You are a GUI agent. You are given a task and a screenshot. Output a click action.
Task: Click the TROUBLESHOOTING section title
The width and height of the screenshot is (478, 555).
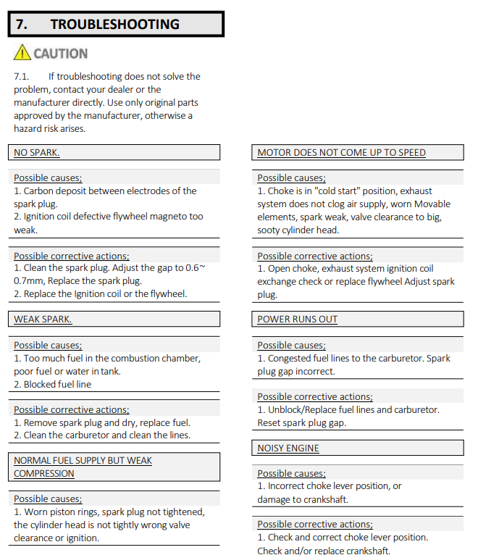[x=114, y=24]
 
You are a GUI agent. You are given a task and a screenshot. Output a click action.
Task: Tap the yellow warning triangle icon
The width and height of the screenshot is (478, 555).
[x=22, y=53]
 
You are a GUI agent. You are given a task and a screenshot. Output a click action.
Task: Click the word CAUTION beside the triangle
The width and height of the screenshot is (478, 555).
[x=61, y=54]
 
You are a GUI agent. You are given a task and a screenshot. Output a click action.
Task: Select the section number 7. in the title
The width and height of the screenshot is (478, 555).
[x=22, y=24]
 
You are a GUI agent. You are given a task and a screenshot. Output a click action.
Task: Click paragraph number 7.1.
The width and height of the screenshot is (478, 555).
[x=22, y=76]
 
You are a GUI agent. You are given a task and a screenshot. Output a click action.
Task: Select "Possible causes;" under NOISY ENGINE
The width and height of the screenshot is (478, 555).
[x=291, y=474]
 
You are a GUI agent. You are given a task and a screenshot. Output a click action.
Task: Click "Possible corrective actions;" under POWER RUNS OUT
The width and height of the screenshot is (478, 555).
[x=315, y=397]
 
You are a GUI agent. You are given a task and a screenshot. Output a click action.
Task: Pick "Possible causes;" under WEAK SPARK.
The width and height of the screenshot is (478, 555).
[x=48, y=346]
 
